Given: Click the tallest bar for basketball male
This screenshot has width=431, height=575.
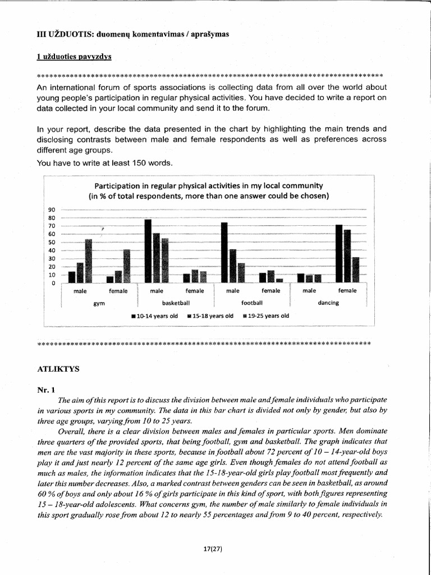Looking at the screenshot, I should tap(148, 251).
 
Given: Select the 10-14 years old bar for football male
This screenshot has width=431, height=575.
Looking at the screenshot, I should tap(224, 252).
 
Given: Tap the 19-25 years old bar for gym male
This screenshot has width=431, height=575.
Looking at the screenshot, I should tap(88, 261).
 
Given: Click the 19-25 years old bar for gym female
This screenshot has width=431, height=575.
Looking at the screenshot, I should tap(126, 266).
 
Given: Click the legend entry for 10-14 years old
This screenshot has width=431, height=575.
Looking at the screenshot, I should tap(154, 316).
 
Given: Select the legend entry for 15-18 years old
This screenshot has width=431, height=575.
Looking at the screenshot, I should tap(210, 316).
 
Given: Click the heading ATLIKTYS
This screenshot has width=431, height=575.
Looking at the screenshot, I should tap(58, 368).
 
